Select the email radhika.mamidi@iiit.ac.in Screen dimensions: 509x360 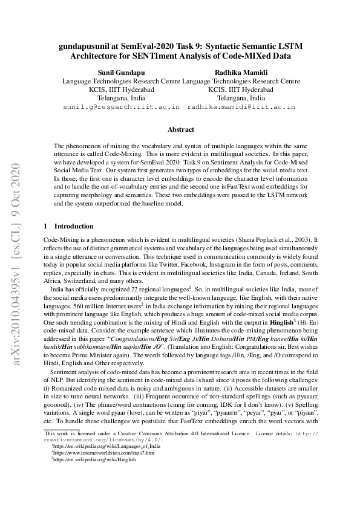(241, 106)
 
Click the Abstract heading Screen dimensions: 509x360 (180, 129)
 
